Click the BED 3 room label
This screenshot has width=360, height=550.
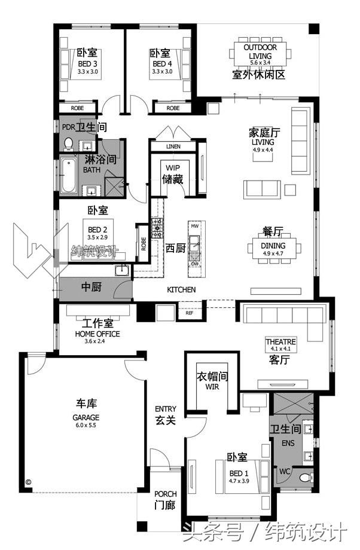click(87, 63)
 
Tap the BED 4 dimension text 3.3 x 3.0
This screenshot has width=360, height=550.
click(161, 72)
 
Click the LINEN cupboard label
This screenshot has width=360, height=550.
click(173, 146)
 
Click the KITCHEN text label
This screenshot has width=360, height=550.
click(181, 289)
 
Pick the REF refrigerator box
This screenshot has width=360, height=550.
click(189, 313)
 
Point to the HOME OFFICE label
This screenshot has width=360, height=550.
click(97, 334)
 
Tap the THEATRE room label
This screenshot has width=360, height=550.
click(280, 341)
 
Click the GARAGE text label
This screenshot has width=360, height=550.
click(86, 417)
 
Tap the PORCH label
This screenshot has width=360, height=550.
click(165, 494)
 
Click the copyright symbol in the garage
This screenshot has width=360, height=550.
click(28, 482)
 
